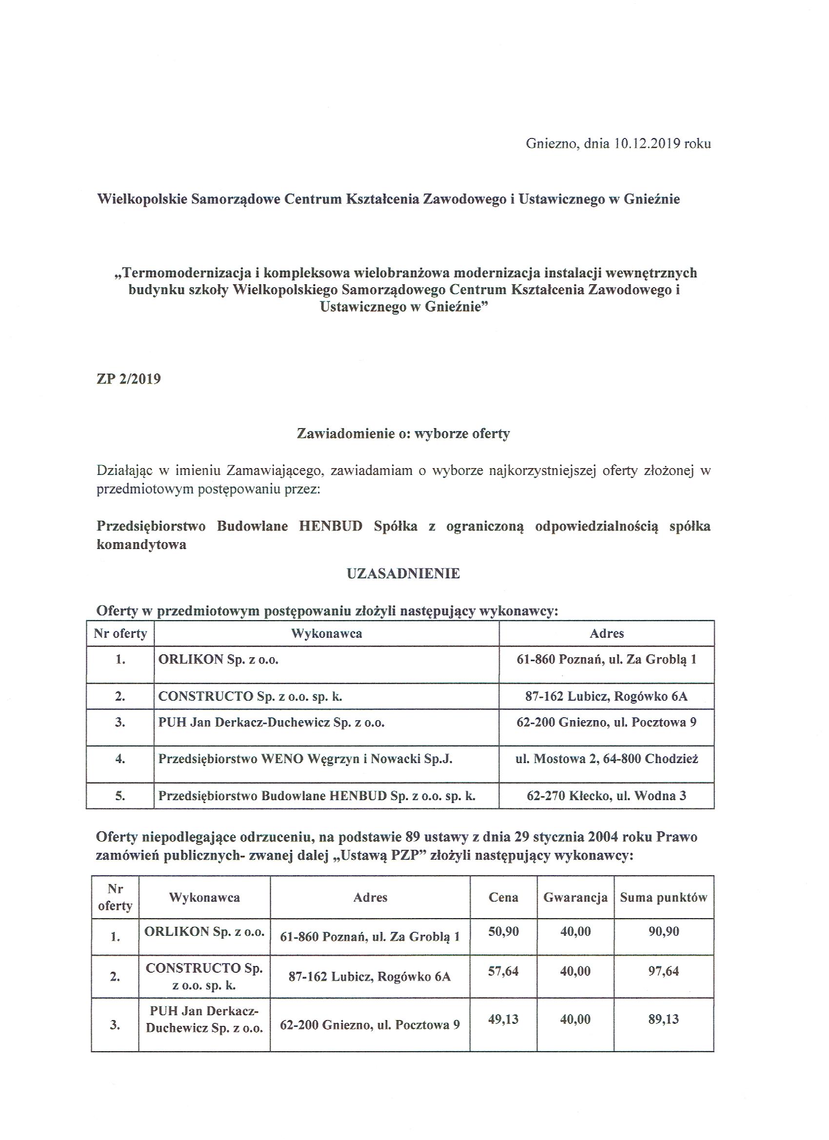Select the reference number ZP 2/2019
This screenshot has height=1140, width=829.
[129, 378]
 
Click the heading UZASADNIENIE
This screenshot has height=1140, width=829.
[403, 573]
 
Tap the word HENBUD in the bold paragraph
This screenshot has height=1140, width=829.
[330, 526]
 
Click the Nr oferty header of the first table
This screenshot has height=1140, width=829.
[120, 633]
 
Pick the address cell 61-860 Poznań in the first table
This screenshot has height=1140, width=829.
[606, 659]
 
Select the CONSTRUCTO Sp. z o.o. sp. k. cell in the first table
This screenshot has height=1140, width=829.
[250, 696]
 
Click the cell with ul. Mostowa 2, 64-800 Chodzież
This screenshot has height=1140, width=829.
[606, 759]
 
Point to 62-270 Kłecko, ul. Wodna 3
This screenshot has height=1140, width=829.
[606, 796]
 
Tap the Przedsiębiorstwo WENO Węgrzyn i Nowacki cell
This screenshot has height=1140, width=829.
[305, 759]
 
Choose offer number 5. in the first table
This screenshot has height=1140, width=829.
[120, 796]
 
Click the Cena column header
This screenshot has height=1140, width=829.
[503, 897]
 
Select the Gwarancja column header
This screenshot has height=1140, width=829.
[575, 897]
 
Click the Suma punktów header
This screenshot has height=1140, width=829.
[663, 897]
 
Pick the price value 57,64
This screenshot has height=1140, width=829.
[503, 971]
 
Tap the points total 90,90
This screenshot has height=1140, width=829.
[664, 931]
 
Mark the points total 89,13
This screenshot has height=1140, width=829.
[664, 1019]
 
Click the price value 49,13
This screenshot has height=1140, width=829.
[503, 1019]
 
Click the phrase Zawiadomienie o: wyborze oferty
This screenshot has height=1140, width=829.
[403, 433]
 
